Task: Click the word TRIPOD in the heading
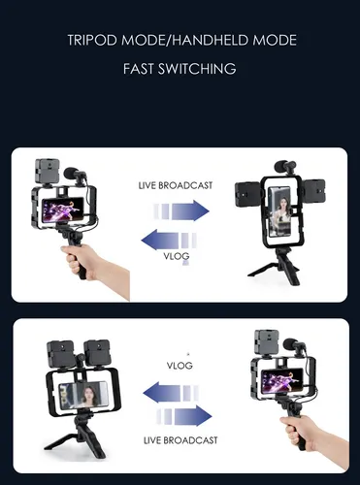click(92, 40)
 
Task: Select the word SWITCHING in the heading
click(197, 69)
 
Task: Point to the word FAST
click(139, 69)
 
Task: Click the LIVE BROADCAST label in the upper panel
click(176, 185)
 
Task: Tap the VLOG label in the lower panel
click(180, 366)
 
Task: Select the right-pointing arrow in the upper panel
click(181, 210)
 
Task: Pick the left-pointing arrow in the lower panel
click(172, 392)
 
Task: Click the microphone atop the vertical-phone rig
click(284, 167)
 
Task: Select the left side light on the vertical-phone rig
click(247, 194)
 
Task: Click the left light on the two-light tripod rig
click(60, 354)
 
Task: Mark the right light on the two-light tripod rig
click(97, 353)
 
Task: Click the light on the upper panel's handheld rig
click(48, 172)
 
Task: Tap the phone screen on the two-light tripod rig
click(82, 395)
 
